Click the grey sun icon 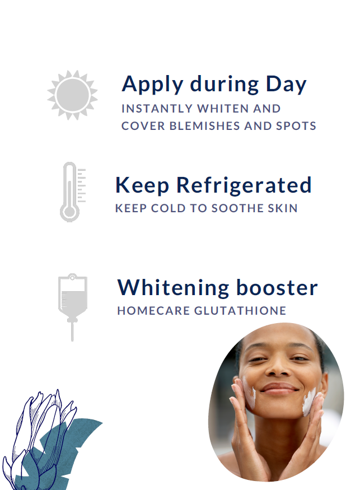click(72, 95)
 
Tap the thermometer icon click(72, 192)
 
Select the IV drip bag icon click(72, 307)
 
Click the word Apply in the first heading click(152, 85)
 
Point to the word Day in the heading click(286, 85)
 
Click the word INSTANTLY click(157, 109)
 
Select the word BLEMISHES click(205, 125)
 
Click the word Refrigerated click(244, 185)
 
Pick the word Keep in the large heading click(142, 185)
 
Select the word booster click(277, 287)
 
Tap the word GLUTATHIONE click(240, 311)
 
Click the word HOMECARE click(153, 311)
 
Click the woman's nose click(278, 368)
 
